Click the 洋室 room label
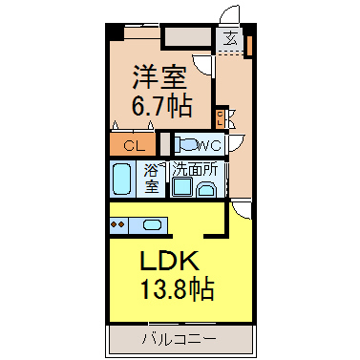tap(159, 76)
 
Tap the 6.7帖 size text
tap(161, 105)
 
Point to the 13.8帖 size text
tap(177, 288)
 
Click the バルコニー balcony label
tap(179, 338)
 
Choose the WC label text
tap(209, 146)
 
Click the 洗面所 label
tap(195, 170)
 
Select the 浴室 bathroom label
tap(152, 179)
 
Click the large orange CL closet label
tap(135, 147)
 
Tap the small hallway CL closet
tap(220, 117)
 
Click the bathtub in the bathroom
tap(122, 179)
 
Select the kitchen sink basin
tap(152, 224)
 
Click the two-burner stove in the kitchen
tap(117, 224)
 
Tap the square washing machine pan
tap(182, 187)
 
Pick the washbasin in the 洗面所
tap(206, 190)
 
